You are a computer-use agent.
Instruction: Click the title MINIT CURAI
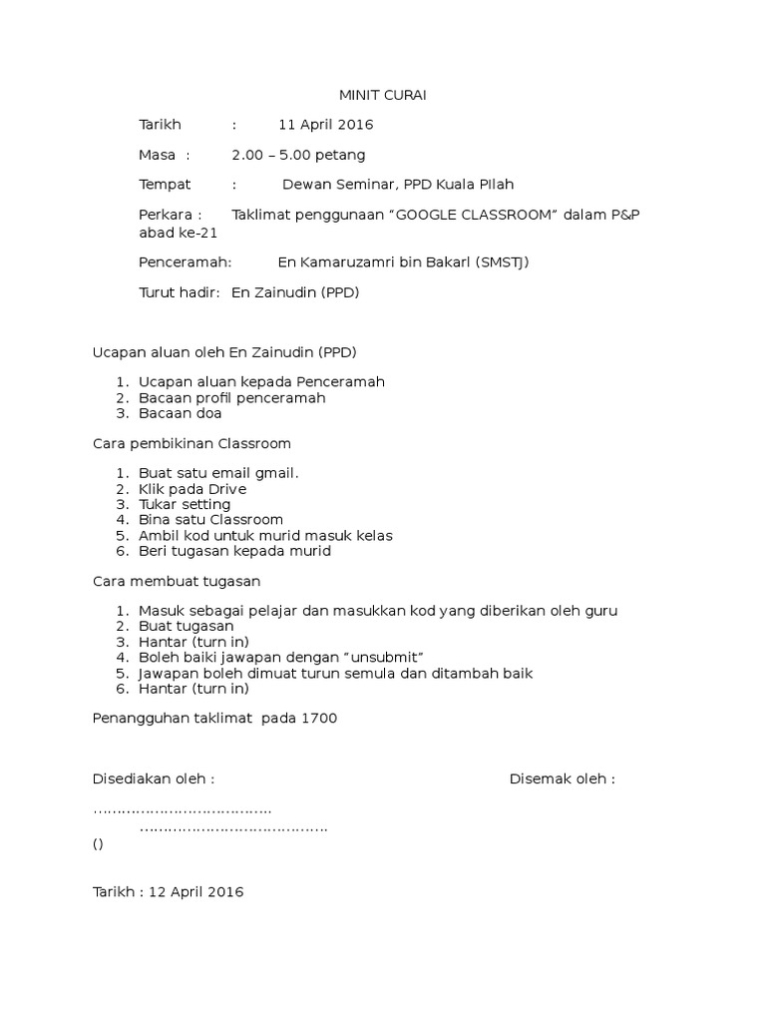(384, 96)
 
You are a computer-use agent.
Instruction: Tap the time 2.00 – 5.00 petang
(298, 155)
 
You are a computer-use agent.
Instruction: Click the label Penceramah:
(185, 262)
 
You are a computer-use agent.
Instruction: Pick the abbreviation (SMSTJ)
(504, 262)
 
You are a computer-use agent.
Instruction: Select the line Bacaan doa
(181, 413)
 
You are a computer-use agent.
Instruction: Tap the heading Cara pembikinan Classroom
(191, 443)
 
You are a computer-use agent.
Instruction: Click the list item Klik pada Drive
(192, 489)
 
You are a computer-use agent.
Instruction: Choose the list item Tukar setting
(186, 504)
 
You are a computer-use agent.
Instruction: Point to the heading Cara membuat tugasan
(178, 581)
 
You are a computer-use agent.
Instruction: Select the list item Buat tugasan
(187, 627)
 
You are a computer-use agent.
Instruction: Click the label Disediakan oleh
(153, 778)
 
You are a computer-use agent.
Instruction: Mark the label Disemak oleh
(562, 778)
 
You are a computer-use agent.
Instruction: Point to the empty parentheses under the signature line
(97, 843)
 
